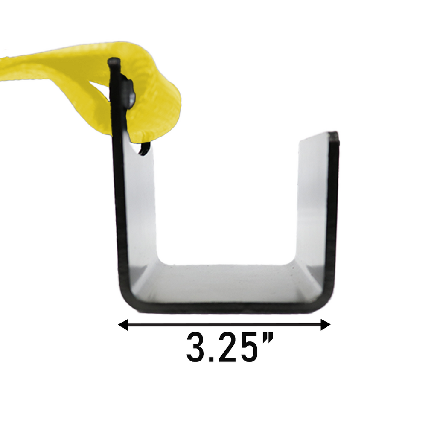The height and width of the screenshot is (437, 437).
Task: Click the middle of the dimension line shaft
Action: click(x=224, y=325)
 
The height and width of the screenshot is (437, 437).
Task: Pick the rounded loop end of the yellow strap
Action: click(x=169, y=107)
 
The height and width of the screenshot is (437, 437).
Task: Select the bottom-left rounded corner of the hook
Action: click(x=128, y=301)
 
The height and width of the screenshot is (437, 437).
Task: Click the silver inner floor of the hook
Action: click(x=226, y=284)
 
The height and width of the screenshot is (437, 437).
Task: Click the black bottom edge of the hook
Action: click(x=226, y=308)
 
